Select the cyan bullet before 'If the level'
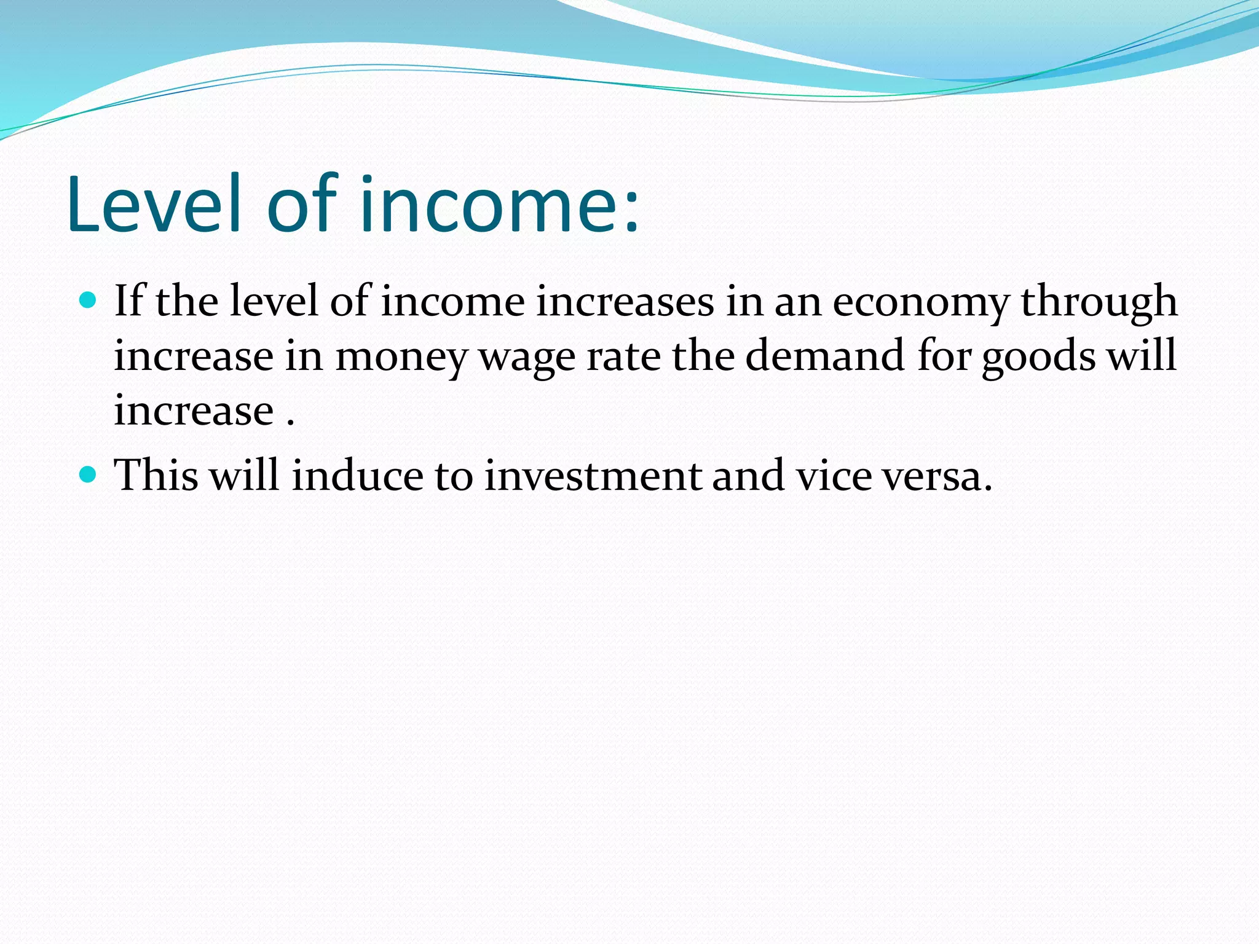tap(89, 301)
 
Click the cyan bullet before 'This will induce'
tap(89, 474)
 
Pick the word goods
tap(1038, 357)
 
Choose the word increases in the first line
tap(625, 302)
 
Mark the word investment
tap(593, 476)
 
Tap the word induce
tap(357, 476)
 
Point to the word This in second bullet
tap(157, 476)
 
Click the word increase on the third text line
tap(194, 411)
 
